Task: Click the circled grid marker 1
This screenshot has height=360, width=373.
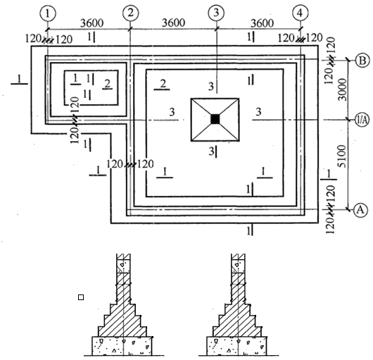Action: (48, 13)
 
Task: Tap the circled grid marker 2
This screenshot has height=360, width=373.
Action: (131, 13)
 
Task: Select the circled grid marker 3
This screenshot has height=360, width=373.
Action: (216, 13)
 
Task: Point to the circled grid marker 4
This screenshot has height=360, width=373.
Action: (301, 13)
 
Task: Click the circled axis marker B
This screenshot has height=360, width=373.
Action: (362, 61)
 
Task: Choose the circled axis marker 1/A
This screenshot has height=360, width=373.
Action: (362, 120)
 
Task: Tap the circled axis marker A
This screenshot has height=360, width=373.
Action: (360, 210)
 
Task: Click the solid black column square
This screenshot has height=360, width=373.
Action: (215, 119)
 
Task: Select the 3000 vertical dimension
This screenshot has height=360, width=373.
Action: (342, 89)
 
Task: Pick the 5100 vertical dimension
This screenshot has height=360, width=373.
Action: (341, 156)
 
